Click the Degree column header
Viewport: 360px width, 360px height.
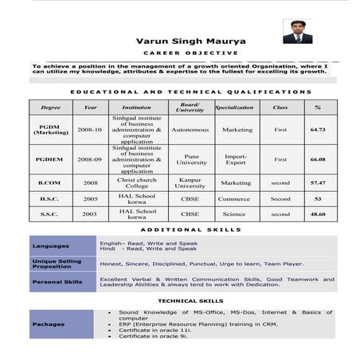tap(50, 107)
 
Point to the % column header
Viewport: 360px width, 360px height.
tap(318, 107)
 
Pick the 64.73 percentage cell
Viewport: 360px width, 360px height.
tap(318, 129)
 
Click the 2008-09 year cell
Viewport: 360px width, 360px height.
tap(89, 159)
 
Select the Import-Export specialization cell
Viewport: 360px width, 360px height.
tap(236, 159)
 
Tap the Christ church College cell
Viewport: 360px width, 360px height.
tap(137, 182)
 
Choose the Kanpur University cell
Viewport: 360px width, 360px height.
tap(190, 182)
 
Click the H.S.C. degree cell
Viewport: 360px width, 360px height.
tap(49, 198)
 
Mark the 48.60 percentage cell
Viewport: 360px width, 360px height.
tap(318, 213)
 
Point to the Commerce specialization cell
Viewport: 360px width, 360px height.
tap(234, 198)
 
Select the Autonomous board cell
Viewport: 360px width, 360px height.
tap(190, 129)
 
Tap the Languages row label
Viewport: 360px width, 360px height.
tap(50, 245)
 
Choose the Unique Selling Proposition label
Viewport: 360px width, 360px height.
tap(57, 264)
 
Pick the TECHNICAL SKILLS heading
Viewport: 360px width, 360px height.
tap(190, 301)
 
